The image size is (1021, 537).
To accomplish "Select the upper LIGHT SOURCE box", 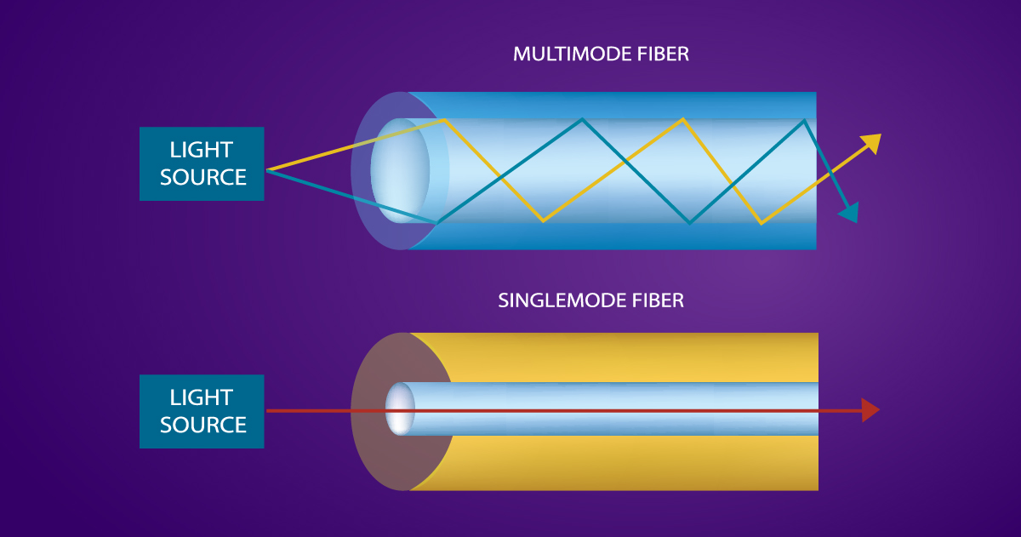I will (x=202, y=163).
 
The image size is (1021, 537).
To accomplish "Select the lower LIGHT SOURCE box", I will (x=202, y=411).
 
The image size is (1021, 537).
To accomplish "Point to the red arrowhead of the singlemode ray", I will (x=869, y=410).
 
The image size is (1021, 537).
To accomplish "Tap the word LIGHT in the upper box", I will (x=202, y=151).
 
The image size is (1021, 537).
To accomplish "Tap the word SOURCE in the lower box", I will (x=202, y=425).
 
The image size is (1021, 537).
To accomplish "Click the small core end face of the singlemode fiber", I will (x=400, y=410).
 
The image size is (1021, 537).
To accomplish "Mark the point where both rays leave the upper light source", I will (x=267, y=170).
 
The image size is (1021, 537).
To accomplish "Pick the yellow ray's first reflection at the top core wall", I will (x=443, y=120).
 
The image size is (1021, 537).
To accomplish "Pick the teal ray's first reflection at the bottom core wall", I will (x=438, y=223).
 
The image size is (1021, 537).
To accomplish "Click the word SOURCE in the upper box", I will (x=202, y=177).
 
